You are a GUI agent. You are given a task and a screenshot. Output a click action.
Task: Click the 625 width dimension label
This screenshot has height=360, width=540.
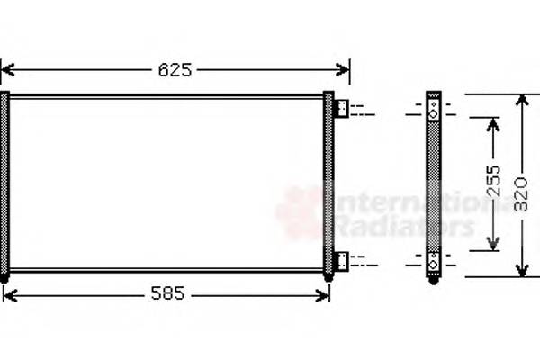coord(175,69)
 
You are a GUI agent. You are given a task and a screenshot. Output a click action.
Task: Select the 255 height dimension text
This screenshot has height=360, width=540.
coord(492,184)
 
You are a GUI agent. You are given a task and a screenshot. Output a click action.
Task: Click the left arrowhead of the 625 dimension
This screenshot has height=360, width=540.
coord(7,69)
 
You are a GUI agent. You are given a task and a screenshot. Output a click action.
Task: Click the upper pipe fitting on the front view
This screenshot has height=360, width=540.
coord(342,109)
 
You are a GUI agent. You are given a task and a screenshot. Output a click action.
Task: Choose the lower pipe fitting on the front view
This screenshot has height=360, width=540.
coord(342,261)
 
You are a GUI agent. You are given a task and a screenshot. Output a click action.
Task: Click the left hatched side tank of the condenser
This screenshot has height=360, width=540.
coord(5,184)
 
